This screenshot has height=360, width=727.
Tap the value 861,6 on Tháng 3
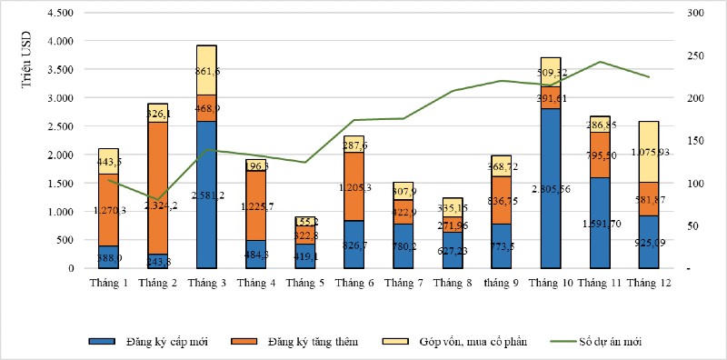tap(207, 71)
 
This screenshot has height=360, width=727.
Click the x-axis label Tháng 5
tap(304, 285)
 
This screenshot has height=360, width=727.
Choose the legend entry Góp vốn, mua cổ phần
tap(469, 343)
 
